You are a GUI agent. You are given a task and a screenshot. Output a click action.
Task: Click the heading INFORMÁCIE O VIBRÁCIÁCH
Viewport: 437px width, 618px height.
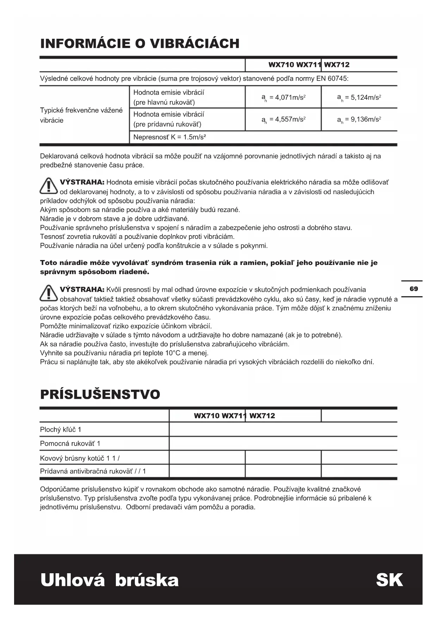click(x=140, y=44)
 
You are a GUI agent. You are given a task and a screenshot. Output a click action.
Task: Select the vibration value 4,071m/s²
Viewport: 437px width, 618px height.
click(x=283, y=98)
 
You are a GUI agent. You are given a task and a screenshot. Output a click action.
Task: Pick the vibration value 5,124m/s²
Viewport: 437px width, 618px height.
click(x=359, y=98)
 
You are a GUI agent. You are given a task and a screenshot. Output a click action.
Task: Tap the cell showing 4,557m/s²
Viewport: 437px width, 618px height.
click(x=283, y=119)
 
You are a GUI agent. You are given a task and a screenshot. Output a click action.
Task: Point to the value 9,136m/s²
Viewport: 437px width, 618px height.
click(x=359, y=119)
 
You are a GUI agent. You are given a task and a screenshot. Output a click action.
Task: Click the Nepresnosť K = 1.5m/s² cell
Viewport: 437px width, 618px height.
click(x=169, y=137)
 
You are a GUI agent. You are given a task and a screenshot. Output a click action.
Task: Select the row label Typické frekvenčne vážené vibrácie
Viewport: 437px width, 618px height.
click(x=81, y=115)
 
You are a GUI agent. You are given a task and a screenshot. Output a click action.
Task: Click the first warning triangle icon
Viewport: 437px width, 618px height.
click(x=49, y=186)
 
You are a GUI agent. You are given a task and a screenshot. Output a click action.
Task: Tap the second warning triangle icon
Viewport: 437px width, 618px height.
click(x=49, y=293)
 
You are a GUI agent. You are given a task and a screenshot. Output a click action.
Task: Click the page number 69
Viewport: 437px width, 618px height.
click(x=414, y=289)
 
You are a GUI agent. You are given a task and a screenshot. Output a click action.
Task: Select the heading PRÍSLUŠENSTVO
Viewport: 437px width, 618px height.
click(x=100, y=394)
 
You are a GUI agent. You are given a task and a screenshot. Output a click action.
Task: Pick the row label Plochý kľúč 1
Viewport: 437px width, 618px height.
click(x=61, y=429)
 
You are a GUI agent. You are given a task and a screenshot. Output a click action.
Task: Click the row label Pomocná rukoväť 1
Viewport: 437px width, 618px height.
click(x=70, y=444)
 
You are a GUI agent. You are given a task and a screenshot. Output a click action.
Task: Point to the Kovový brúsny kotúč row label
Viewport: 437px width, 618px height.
click(x=80, y=458)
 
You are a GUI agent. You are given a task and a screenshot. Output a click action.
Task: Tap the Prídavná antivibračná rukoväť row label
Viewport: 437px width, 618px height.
click(x=93, y=471)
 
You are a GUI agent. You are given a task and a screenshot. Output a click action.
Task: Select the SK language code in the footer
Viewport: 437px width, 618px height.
click(x=389, y=580)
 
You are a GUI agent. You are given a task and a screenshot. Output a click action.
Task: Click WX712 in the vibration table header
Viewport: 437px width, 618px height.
click(x=337, y=65)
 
